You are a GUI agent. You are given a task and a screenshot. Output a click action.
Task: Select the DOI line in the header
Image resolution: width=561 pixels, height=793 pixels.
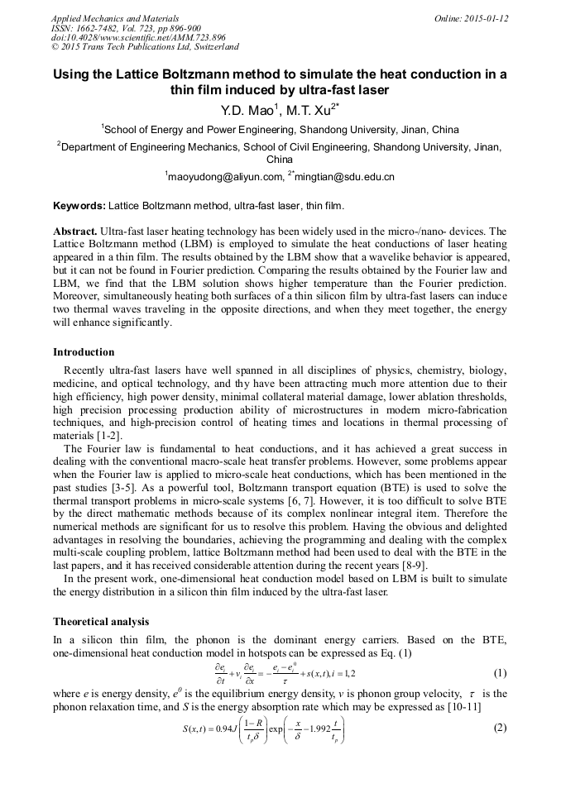coord(138,38)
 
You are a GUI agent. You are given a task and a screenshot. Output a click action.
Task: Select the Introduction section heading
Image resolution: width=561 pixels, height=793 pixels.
coord(84,352)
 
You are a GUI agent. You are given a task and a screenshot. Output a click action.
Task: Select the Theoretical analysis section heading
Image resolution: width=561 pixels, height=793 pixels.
coord(100,621)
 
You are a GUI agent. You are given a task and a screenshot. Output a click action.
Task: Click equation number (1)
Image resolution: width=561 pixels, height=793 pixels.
coord(500,672)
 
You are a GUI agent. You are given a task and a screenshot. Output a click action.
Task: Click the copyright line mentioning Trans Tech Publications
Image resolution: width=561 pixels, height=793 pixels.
coord(145,48)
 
